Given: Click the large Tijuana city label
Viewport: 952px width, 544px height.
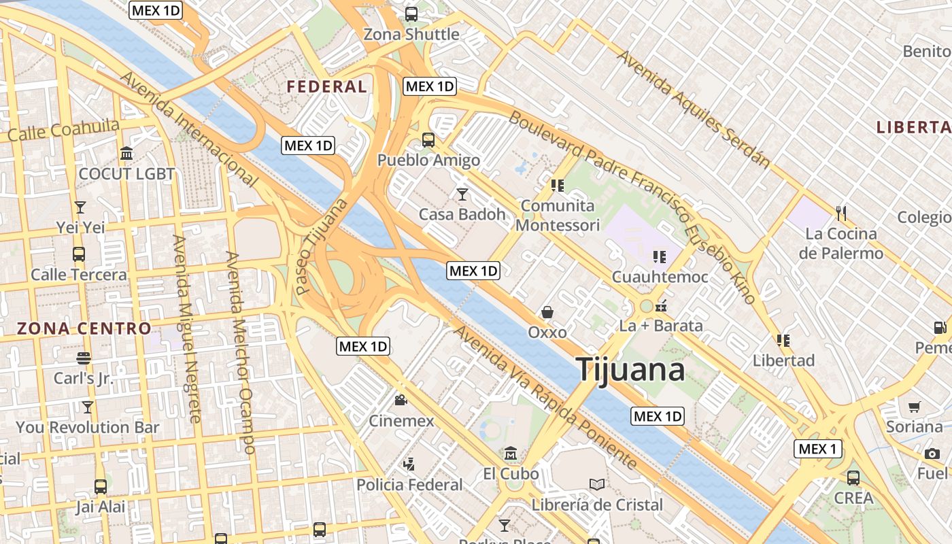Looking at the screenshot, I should click(x=630, y=369).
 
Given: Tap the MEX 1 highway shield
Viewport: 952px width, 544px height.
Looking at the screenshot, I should click(x=818, y=449).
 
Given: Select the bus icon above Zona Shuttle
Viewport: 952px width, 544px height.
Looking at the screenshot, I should click(x=411, y=14).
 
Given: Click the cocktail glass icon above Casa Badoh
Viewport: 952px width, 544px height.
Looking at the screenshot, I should click(x=462, y=194).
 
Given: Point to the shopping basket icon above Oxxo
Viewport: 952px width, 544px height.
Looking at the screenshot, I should click(x=547, y=312).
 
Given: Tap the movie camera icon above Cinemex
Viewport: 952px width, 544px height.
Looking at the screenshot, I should click(x=401, y=401).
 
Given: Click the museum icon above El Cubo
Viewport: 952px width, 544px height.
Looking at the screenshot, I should click(x=511, y=453).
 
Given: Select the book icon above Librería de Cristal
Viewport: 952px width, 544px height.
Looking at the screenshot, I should click(x=597, y=484).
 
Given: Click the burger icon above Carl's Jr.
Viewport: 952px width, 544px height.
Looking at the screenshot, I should click(x=84, y=358).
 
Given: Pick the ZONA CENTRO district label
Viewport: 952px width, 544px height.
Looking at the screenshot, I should click(x=84, y=329).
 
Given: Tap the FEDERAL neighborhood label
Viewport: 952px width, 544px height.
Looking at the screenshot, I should click(x=326, y=87).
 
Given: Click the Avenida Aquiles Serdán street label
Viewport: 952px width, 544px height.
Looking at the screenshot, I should click(x=694, y=109).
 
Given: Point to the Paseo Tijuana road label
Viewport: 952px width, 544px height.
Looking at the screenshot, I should click(x=322, y=246).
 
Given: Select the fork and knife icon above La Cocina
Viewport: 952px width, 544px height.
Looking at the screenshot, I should click(x=841, y=214).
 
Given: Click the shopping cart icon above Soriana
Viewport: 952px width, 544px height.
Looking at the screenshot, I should click(x=915, y=407).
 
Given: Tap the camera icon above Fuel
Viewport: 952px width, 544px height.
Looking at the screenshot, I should click(x=932, y=454).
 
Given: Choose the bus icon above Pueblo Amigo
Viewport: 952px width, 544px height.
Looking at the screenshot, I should click(x=428, y=140).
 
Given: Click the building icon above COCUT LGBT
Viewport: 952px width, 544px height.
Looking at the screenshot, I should click(x=126, y=154).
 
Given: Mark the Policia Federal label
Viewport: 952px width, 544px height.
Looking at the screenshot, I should click(x=409, y=485).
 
